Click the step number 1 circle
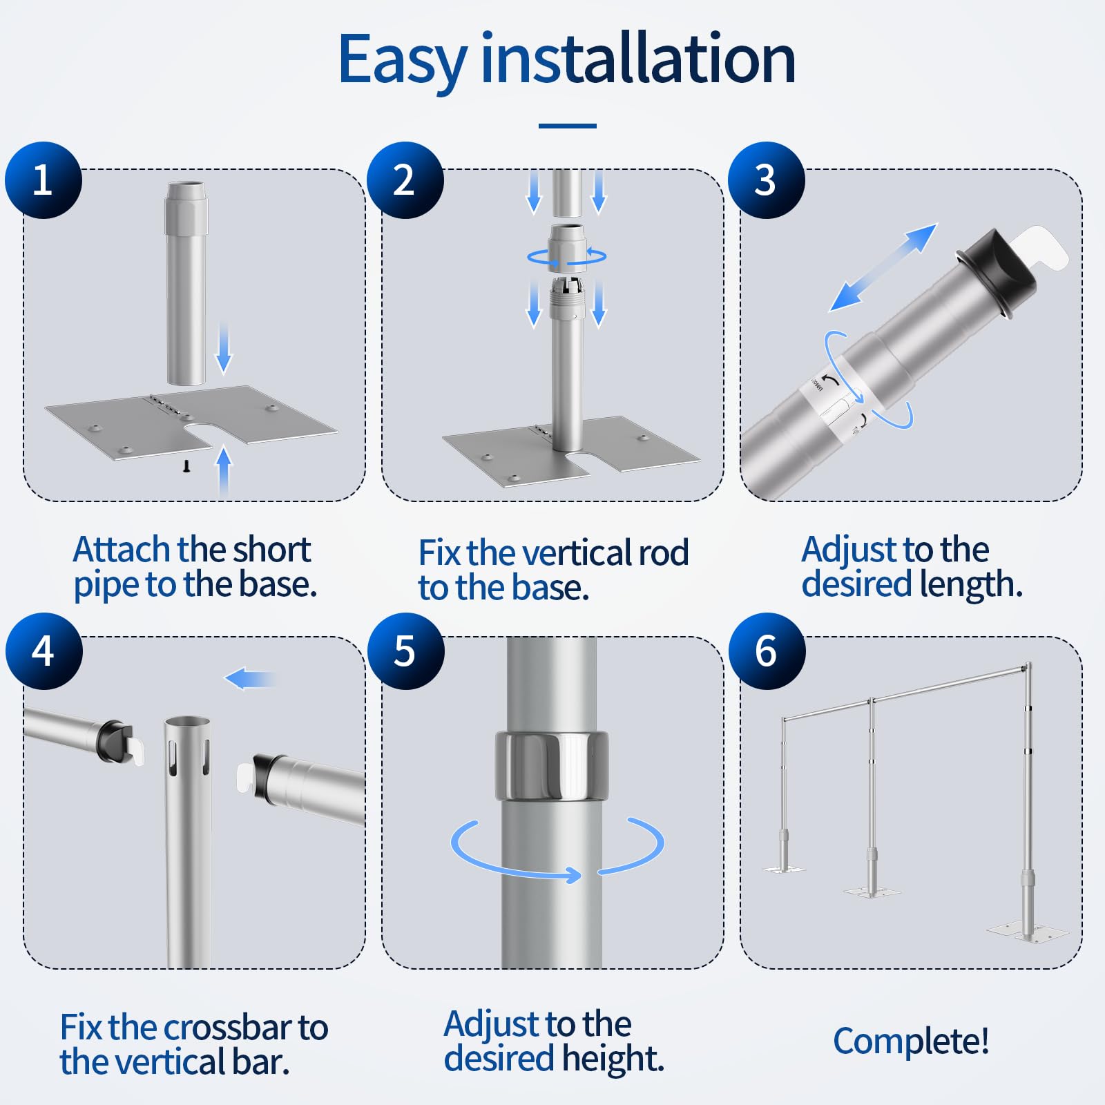coord(44,180)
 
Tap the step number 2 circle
coord(405,180)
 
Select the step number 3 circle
coord(767,180)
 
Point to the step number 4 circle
coord(44,651)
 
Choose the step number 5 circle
coord(405,651)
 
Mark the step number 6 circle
coord(767,651)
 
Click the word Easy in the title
coord(403,61)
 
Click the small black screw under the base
coord(186,467)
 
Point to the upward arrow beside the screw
coord(223,470)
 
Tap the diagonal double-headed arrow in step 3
coord(883,267)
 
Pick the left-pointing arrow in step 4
coord(250,679)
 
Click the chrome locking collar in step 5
coord(551,766)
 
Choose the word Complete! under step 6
coord(911,1041)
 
